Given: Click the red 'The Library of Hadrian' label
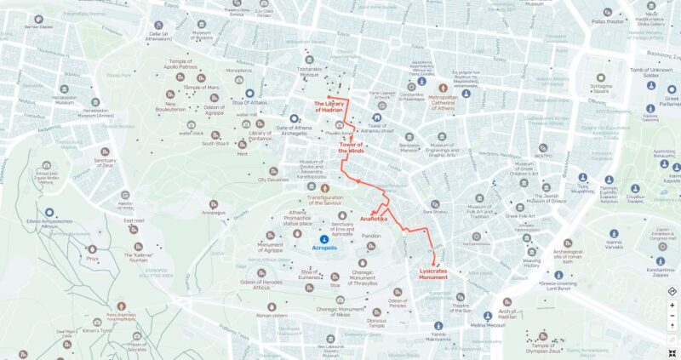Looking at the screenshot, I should (x=329, y=106).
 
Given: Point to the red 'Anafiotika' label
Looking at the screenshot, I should (x=375, y=219).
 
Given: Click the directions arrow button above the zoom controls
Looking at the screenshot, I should (x=672, y=292).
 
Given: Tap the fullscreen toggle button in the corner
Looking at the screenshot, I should (x=672, y=351).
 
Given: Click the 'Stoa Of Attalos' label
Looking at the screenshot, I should (x=249, y=103).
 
